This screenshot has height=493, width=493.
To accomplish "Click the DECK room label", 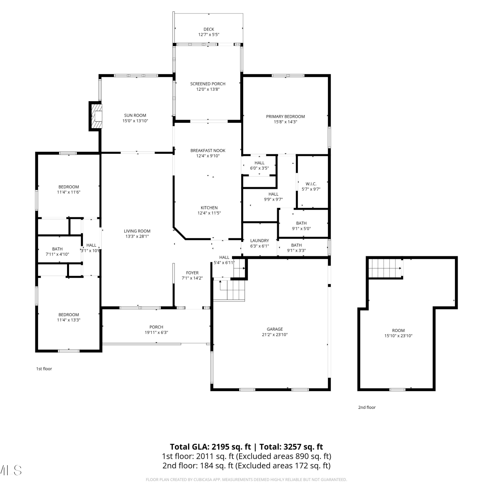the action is tap(209, 29).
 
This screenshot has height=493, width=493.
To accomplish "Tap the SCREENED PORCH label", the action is tap(208, 84).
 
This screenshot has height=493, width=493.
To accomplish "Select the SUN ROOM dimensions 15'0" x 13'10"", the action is tap(135, 121).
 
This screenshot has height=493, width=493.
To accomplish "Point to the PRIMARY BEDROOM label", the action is tap(285, 116).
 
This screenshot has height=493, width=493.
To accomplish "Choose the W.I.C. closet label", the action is tap(311, 184).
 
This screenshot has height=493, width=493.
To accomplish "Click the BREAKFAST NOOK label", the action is tap(208, 151).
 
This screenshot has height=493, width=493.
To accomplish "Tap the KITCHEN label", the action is tap(209, 208).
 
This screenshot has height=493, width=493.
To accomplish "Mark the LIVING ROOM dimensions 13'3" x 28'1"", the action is tap(137, 236).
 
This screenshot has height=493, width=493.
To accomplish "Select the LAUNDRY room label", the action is tap(259, 241).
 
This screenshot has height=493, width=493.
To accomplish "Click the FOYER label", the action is tap(192, 273).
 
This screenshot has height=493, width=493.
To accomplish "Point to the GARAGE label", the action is tap(275, 329).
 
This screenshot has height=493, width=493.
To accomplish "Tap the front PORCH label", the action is tap(156, 327).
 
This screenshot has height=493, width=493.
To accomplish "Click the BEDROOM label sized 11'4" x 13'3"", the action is tap(69, 315).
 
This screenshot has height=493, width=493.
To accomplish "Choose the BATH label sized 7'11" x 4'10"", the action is tap(57, 249).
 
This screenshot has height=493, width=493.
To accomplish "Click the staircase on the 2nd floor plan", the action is tap(385, 268).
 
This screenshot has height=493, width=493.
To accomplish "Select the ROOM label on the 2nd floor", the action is tap(398, 330).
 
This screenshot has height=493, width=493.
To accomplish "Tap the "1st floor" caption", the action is tap(44, 369).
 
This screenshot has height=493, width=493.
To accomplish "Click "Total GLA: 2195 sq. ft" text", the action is tap(210, 447).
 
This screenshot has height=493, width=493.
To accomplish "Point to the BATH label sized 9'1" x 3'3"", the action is tap(296, 245).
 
